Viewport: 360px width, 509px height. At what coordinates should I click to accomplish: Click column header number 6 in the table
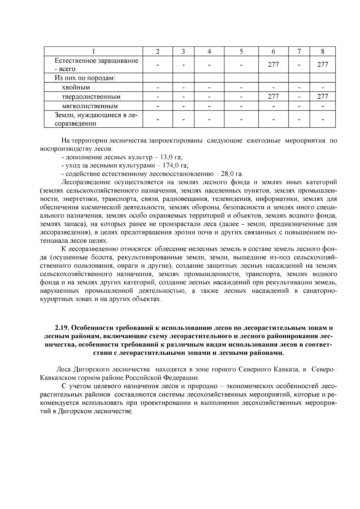click(273, 51)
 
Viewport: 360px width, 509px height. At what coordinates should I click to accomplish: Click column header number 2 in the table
click(157, 51)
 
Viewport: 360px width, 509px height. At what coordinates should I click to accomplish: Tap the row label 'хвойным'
click(76, 87)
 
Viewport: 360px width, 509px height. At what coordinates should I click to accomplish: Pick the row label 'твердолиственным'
click(91, 97)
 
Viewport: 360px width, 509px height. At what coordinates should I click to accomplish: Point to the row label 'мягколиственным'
click(90, 106)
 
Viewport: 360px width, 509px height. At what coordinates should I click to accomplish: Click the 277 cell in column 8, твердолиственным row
click(322, 97)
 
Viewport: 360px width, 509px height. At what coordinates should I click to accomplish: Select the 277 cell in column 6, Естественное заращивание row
click(273, 64)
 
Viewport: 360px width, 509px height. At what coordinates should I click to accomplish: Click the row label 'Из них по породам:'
click(85, 78)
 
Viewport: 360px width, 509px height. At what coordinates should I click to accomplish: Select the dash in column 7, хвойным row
click(299, 87)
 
